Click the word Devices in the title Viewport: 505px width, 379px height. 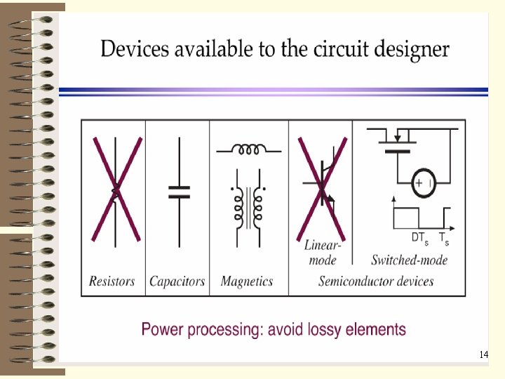[x=133, y=50]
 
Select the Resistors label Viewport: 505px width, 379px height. [x=112, y=281]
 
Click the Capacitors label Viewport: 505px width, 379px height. [x=177, y=281]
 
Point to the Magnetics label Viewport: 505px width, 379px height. [x=246, y=281]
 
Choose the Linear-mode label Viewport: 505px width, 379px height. [x=323, y=253]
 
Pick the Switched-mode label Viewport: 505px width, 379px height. [x=409, y=260]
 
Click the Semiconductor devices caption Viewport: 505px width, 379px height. [x=376, y=281]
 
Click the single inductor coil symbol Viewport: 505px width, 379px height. [x=248, y=149]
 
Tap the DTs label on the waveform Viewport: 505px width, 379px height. [x=419, y=238]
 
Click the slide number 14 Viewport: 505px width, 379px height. [x=483, y=355]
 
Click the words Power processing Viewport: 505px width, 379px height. [x=188, y=329]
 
